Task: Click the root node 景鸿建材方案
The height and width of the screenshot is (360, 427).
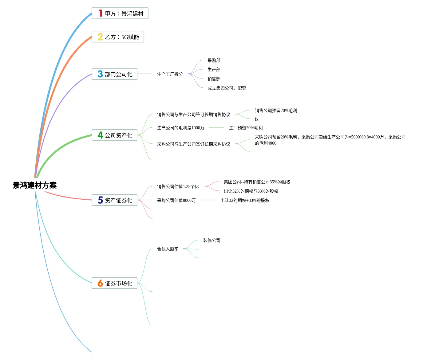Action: tap(34, 185)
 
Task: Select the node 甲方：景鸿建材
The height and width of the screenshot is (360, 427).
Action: tap(120, 14)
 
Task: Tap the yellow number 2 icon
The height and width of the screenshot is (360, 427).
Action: tap(100, 37)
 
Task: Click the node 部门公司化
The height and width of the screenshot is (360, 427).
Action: tap(114, 74)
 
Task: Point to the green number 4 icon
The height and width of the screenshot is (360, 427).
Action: tap(100, 135)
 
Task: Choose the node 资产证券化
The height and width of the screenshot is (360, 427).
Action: tap(114, 200)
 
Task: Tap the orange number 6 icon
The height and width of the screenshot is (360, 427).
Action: tap(100, 283)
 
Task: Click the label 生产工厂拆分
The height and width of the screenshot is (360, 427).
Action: tap(170, 74)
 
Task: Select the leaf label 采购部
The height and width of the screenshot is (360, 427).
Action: tap(214, 60)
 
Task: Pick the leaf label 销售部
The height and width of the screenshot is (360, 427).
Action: tap(214, 79)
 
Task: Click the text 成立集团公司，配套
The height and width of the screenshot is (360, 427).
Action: tap(227, 88)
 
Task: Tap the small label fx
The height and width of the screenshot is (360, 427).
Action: tap(256, 119)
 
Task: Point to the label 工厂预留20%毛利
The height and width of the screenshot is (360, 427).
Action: tap(246, 128)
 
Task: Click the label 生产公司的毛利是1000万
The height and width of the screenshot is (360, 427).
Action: tap(180, 128)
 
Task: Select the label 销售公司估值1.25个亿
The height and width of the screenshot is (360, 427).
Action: tap(178, 186)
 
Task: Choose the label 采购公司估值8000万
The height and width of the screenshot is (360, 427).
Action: tap(176, 200)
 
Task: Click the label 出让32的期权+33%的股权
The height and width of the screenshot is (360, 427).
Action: tap(245, 200)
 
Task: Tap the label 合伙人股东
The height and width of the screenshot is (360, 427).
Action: tap(168, 249)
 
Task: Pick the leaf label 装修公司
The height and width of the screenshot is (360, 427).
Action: tap(212, 240)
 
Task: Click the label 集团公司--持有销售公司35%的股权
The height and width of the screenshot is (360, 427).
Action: tap(257, 182)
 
